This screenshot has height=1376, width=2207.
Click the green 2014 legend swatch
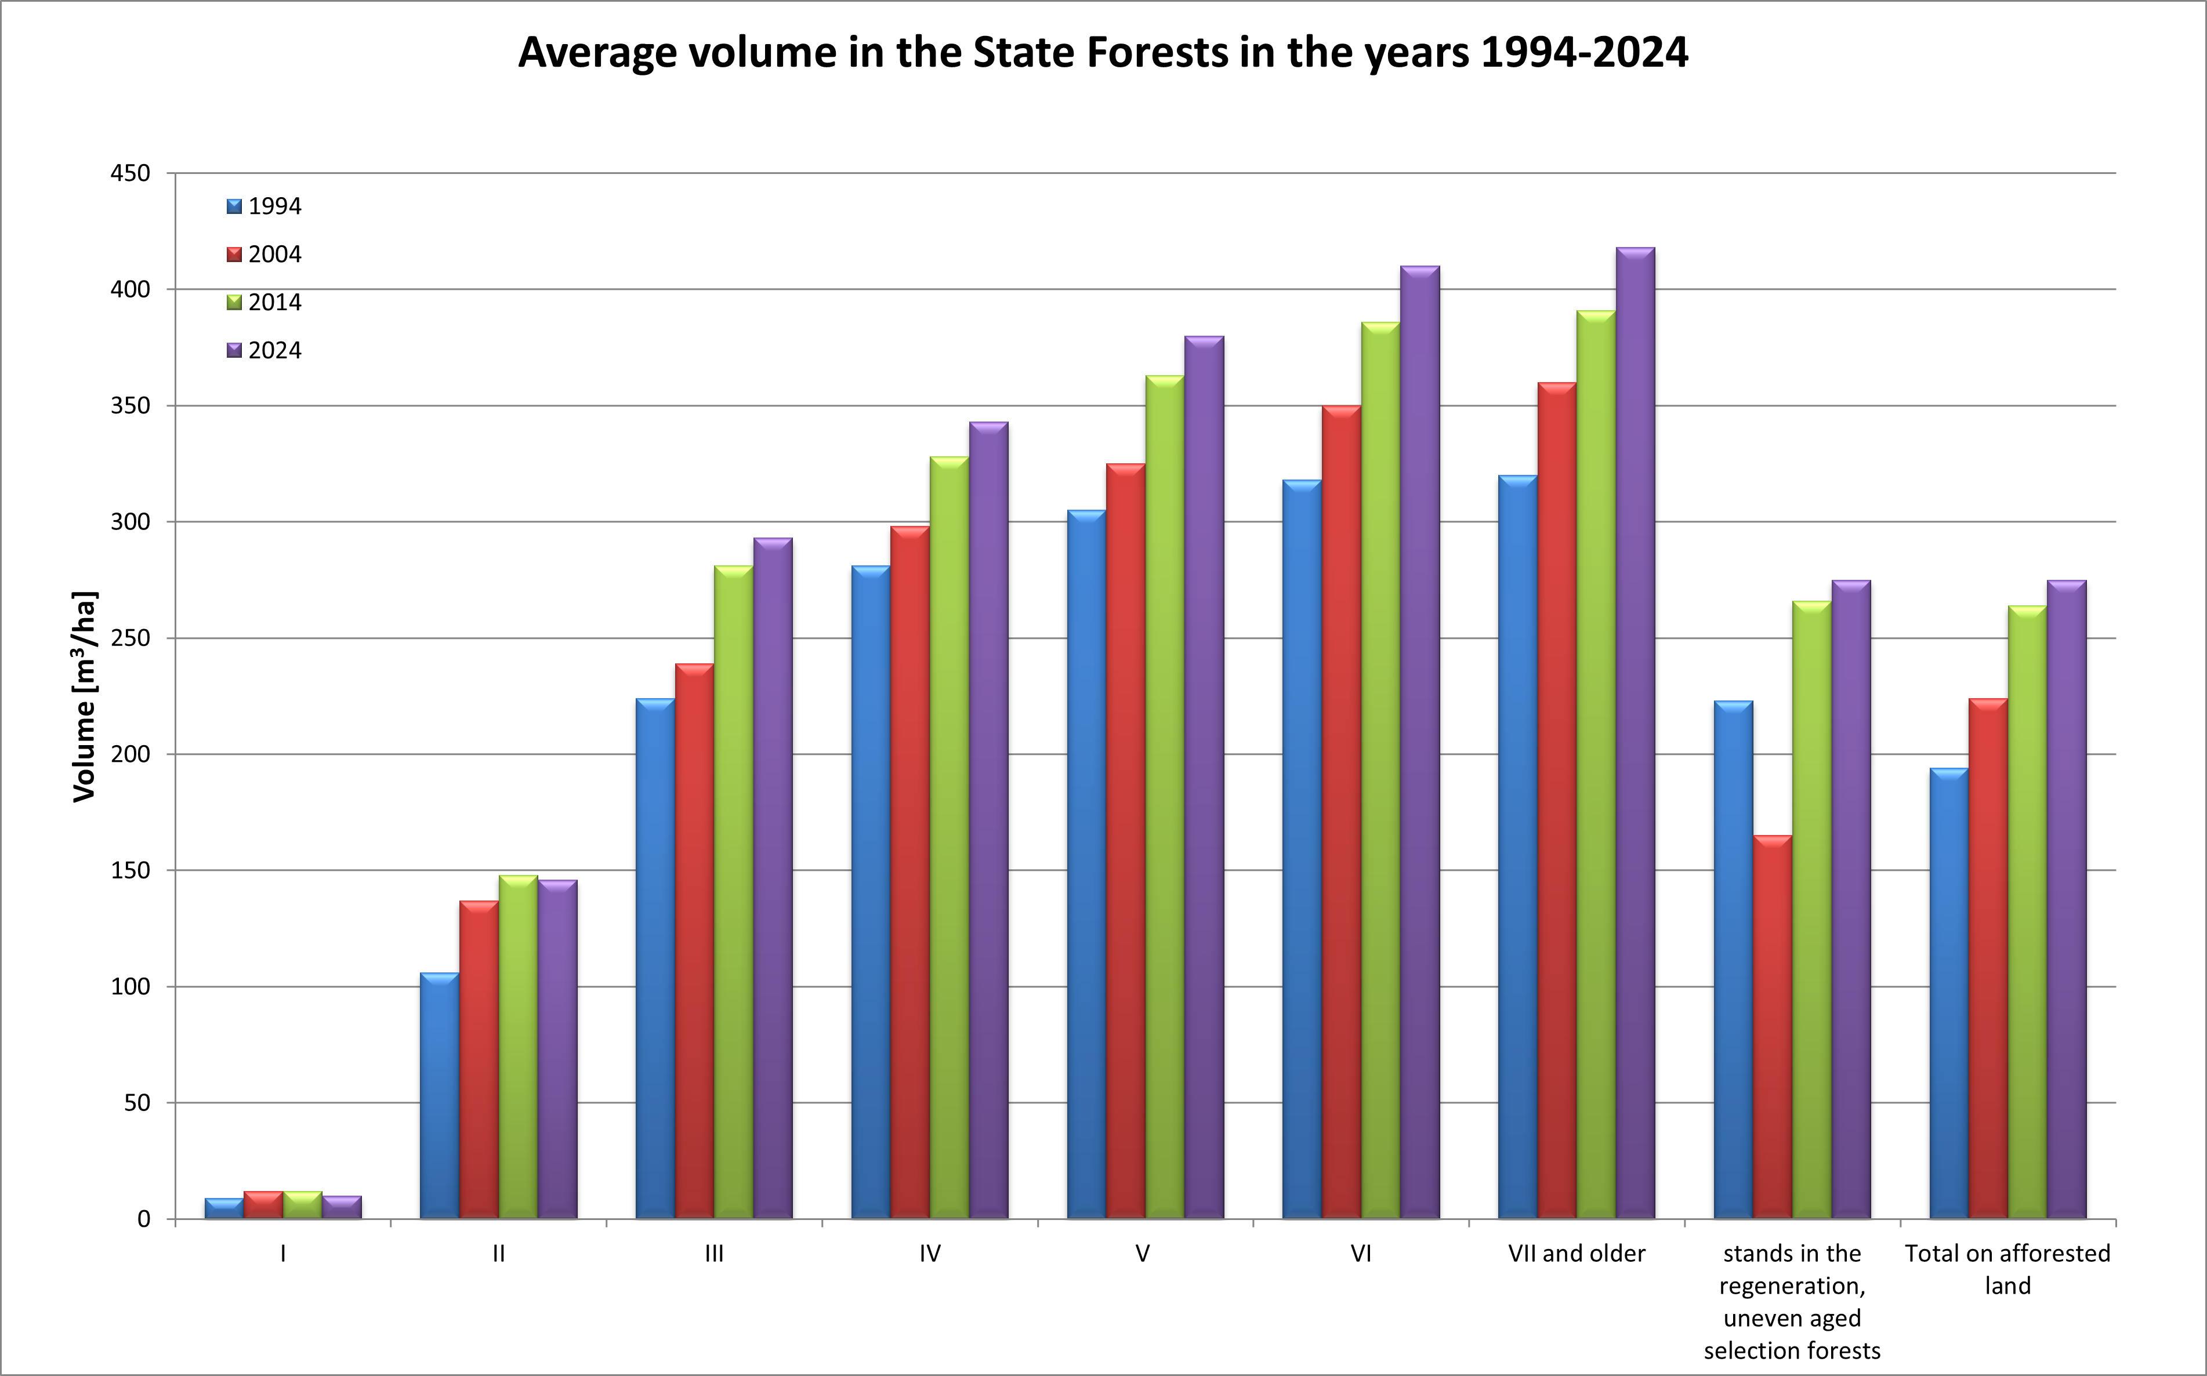point(234,302)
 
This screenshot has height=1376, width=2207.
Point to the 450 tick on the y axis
point(130,173)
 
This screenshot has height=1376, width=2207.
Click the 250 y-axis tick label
point(130,638)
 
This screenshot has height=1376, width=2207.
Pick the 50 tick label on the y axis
point(136,1103)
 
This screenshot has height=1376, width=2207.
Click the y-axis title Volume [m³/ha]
point(84,696)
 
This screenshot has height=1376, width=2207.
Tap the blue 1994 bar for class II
point(440,1096)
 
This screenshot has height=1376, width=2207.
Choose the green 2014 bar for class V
point(1165,796)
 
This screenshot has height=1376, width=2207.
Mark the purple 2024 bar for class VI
point(1420,742)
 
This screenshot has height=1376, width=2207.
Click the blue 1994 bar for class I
point(224,1208)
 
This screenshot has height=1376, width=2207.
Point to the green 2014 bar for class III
point(734,892)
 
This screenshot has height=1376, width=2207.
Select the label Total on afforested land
point(2007,1269)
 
